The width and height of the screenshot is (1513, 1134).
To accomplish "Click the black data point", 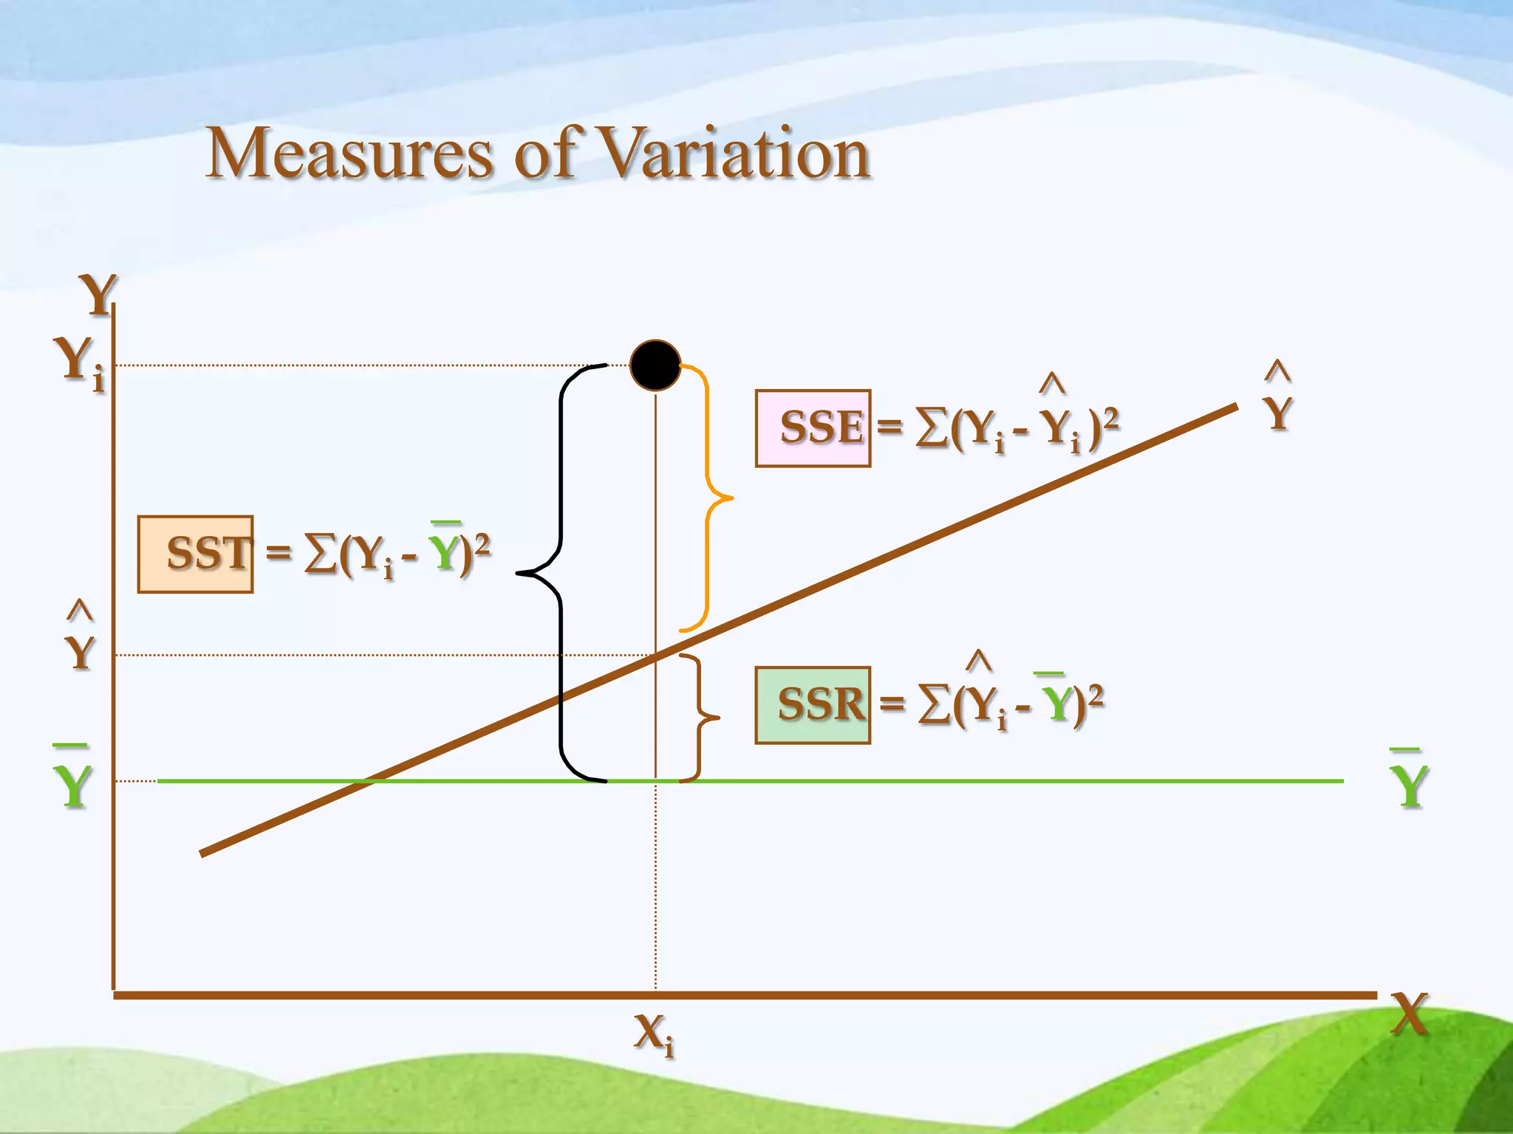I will point(655,365).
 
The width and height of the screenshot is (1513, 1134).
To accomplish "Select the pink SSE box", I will point(813,428).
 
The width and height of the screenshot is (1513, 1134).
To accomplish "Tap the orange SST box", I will point(196,554).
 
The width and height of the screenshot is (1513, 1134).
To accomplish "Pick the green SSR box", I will point(813,705).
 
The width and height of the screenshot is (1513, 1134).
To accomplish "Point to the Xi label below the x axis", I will point(653,1034).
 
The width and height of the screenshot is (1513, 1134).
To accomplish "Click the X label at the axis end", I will point(1409,1014).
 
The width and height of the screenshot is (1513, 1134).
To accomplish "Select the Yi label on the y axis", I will point(80,362).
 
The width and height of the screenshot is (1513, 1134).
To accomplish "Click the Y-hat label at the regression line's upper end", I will point(1278,406).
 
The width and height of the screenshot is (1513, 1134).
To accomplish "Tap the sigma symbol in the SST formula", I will point(320,555).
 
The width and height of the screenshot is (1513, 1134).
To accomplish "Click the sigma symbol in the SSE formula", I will point(932,428).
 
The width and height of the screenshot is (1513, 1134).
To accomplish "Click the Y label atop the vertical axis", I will point(98,295).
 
